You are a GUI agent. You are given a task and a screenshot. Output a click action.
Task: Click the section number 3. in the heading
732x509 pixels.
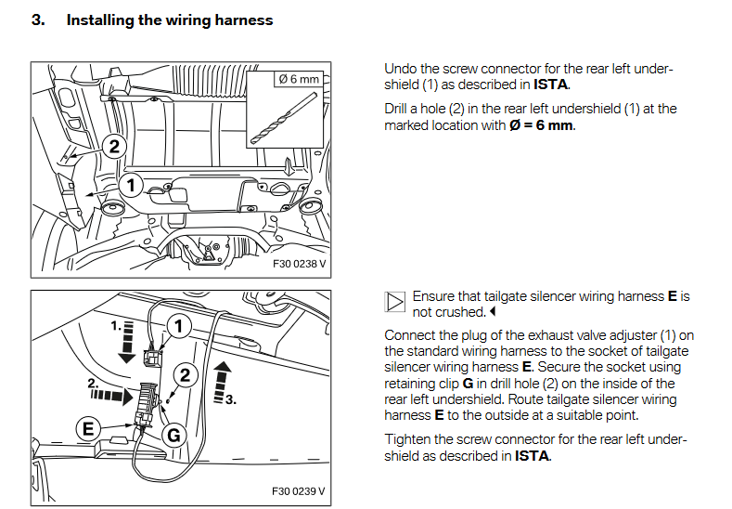click(38, 20)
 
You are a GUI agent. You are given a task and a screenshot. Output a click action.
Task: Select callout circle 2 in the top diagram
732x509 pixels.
click(113, 146)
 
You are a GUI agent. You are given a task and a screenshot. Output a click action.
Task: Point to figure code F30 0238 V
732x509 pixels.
click(300, 264)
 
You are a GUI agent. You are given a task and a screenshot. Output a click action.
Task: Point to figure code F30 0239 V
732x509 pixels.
click(300, 490)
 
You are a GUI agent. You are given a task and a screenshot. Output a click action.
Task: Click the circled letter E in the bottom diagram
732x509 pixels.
click(89, 428)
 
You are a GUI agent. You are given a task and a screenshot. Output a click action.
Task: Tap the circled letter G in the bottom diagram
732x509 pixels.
click(173, 434)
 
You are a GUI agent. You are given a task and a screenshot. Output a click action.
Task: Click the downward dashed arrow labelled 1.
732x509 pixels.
click(126, 340)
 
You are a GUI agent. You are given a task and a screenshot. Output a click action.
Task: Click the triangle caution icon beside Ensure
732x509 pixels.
click(394, 302)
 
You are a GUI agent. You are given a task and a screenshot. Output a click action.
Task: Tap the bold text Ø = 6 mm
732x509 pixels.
click(541, 125)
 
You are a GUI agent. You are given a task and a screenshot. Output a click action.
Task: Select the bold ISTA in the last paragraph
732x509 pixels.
click(532, 456)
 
